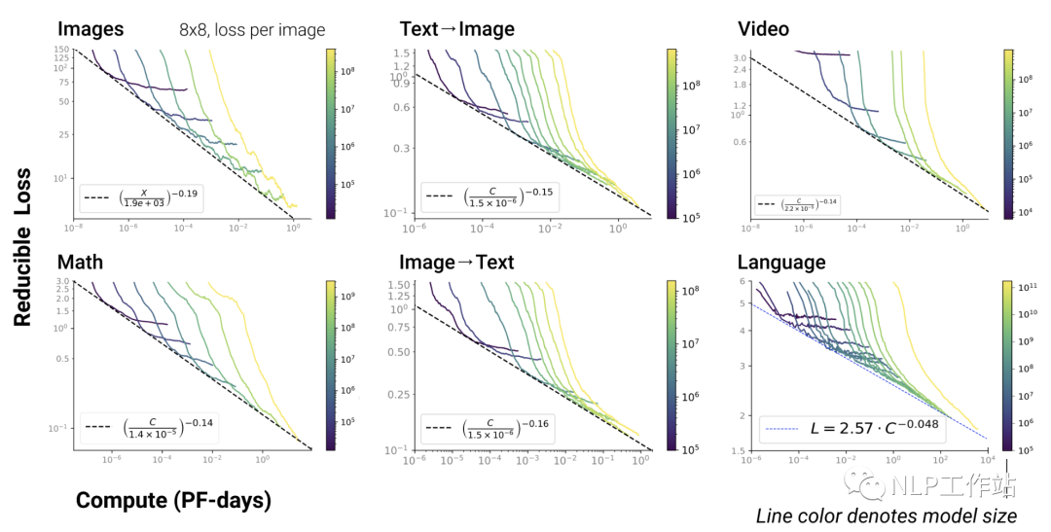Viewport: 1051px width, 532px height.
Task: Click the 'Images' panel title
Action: pyautogui.click(x=91, y=29)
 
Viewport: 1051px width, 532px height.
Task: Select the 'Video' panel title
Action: pyautogui.click(x=763, y=29)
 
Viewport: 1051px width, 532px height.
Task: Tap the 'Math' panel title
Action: pyautogui.click(x=81, y=263)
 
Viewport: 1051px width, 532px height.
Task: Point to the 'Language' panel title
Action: pyautogui.click(x=781, y=263)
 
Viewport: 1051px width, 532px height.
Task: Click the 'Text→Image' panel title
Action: pyautogui.click(x=457, y=29)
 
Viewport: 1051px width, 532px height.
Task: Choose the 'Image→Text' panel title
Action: pyautogui.click(x=456, y=263)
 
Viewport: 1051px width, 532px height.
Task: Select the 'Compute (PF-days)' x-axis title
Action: pyautogui.click(x=173, y=501)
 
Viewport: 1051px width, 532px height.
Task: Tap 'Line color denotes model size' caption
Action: pyautogui.click(x=887, y=515)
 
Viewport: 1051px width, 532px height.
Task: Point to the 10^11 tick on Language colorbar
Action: pyautogui.click(x=1028, y=288)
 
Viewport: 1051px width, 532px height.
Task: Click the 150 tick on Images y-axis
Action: pyautogui.click(x=61, y=50)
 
